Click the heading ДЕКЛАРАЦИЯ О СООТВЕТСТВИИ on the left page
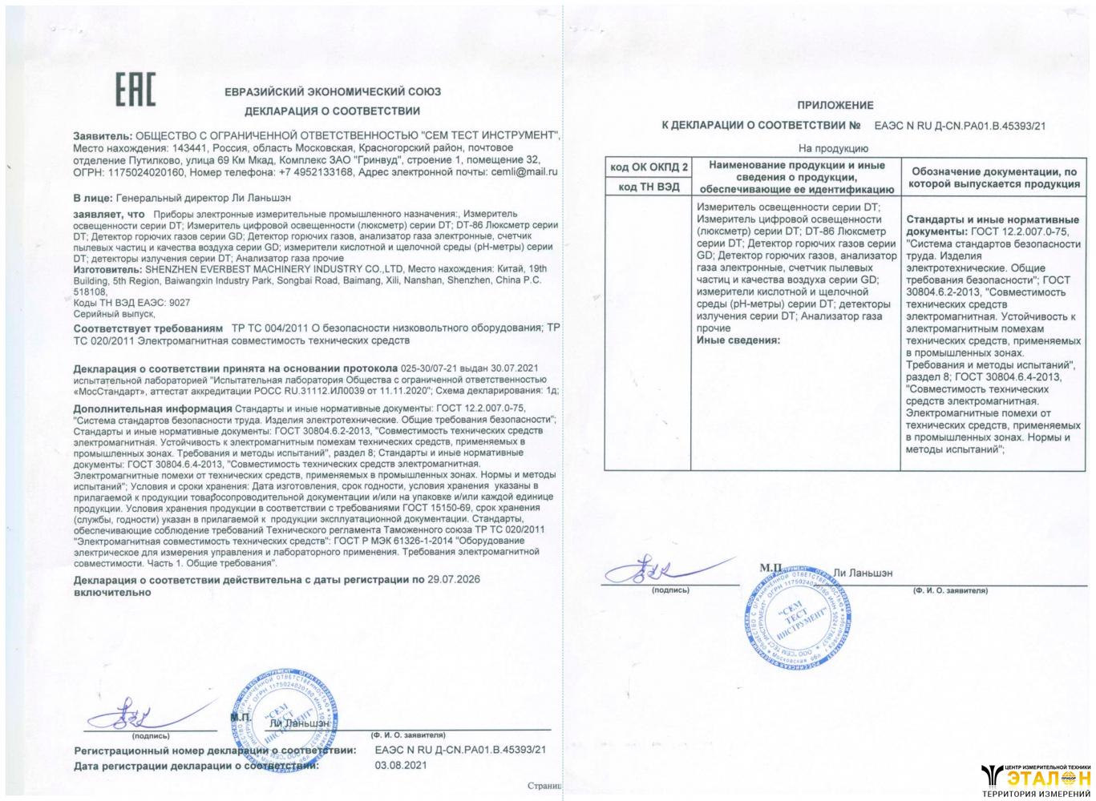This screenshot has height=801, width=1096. [332, 111]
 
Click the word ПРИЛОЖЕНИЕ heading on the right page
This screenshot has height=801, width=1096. [835, 105]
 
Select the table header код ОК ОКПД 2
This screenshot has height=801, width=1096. [649, 167]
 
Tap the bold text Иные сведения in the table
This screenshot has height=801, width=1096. [738, 340]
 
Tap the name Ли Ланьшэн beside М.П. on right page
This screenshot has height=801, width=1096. [863, 573]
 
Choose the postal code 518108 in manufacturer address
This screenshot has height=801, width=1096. [89, 293]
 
